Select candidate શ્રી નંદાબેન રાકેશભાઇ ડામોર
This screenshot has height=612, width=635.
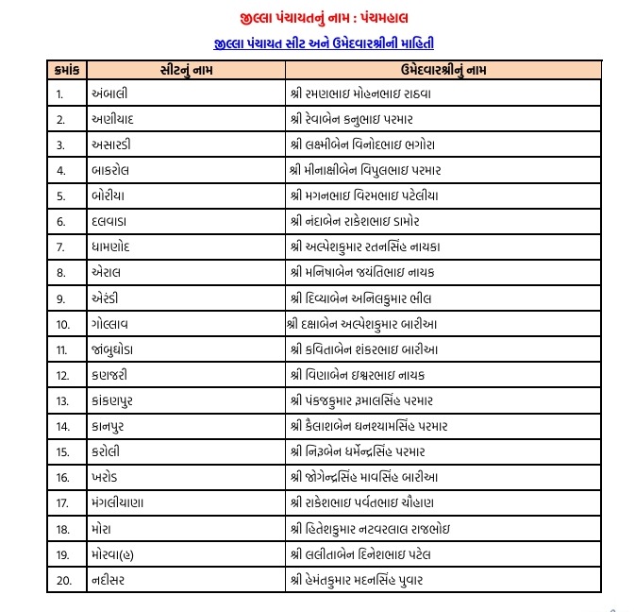pos(368,221)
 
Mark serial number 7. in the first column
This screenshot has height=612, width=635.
pos(60,246)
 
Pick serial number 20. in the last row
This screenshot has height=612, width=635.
pos(64,579)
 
